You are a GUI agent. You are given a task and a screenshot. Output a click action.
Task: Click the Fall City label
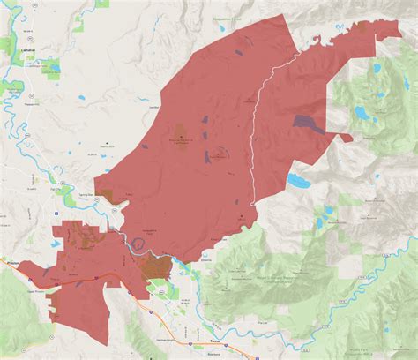pyautogui.click(x=57, y=187)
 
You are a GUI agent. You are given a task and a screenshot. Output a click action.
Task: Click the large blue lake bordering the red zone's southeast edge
pyautogui.click(x=299, y=181)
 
